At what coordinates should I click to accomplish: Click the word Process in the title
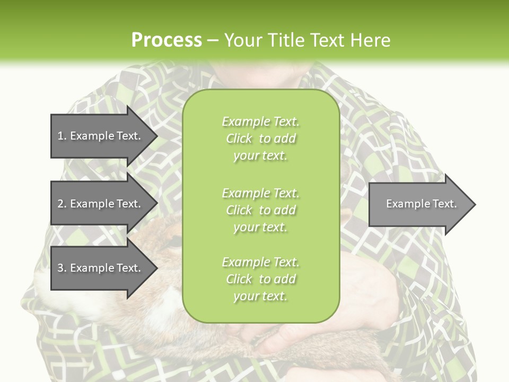(166, 40)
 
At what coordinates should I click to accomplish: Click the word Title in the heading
(287, 40)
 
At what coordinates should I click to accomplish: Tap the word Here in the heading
(370, 40)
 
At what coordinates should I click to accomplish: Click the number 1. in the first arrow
(62, 136)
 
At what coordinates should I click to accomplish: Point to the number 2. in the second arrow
(62, 204)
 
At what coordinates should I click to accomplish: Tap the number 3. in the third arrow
(62, 268)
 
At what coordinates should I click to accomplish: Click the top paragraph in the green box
(260, 138)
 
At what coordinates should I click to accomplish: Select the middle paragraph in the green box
(260, 210)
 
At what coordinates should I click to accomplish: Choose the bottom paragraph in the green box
(260, 279)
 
